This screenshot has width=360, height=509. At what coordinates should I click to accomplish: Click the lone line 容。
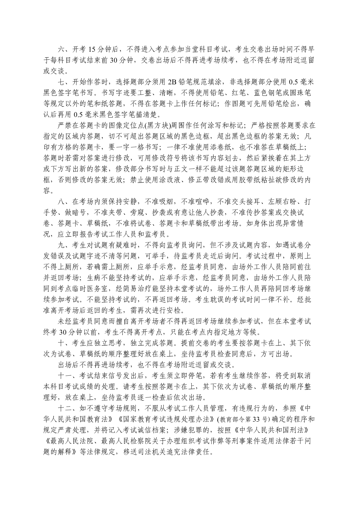point(48,190)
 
